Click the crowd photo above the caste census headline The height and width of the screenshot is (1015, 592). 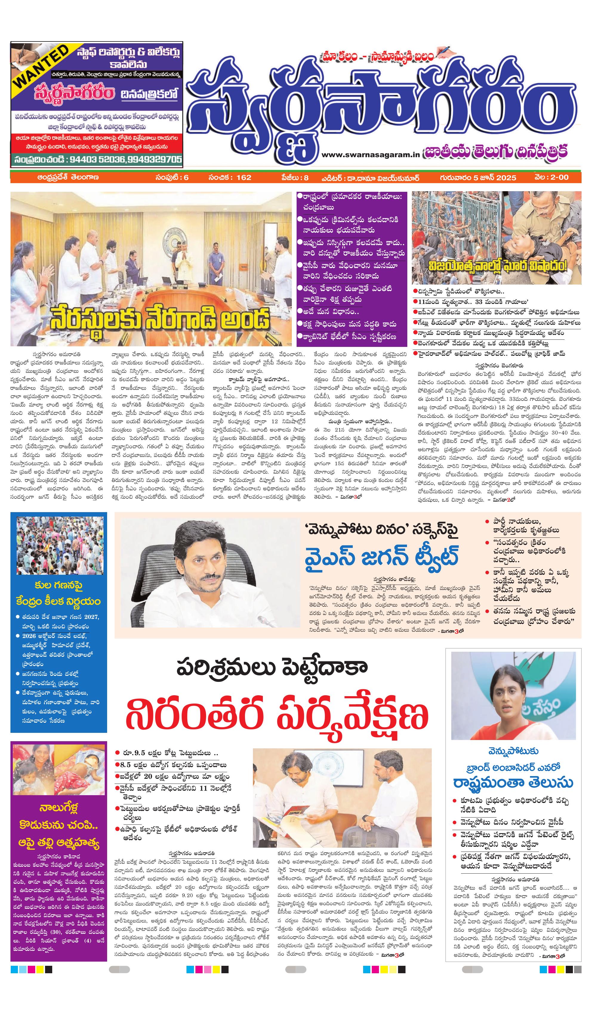(60, 545)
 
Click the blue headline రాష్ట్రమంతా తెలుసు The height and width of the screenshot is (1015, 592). (513, 783)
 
